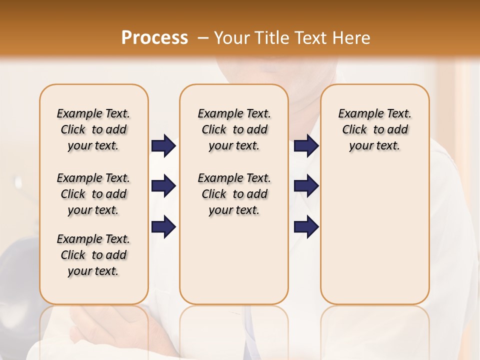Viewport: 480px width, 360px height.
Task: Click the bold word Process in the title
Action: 154,38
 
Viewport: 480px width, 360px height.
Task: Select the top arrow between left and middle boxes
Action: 163,146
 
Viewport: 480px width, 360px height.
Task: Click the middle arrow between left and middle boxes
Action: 163,186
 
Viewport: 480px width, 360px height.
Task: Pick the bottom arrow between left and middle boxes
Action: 163,226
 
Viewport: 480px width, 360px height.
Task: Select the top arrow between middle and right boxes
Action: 306,146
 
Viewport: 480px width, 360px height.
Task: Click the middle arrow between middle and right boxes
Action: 306,186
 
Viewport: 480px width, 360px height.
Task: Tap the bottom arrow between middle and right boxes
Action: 306,226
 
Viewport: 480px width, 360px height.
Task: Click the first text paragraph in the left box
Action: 93,129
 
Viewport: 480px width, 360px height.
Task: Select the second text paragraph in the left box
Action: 93,194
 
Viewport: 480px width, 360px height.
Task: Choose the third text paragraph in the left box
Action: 93,255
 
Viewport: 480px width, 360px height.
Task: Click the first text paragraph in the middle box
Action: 234,129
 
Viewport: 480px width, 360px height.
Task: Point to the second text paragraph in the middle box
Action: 234,194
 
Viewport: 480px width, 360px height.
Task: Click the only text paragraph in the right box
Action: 375,129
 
